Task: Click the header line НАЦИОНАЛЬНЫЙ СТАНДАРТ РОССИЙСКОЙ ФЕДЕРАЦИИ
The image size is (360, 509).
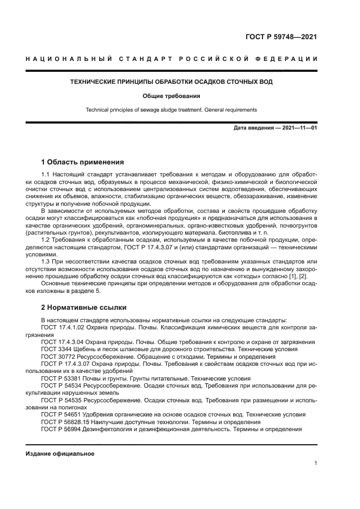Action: [x=172, y=59]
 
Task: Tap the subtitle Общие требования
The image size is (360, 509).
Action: [x=172, y=96]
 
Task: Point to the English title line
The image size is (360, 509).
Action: [x=172, y=109]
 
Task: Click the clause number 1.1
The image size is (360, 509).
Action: [x=46, y=174]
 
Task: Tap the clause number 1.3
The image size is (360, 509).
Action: [x=46, y=260]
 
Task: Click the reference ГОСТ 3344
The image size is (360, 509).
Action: [x=56, y=349]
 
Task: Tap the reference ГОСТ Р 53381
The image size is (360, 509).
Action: [x=60, y=378]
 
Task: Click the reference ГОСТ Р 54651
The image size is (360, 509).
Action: [x=60, y=414]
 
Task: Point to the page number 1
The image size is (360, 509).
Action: [x=316, y=463]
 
